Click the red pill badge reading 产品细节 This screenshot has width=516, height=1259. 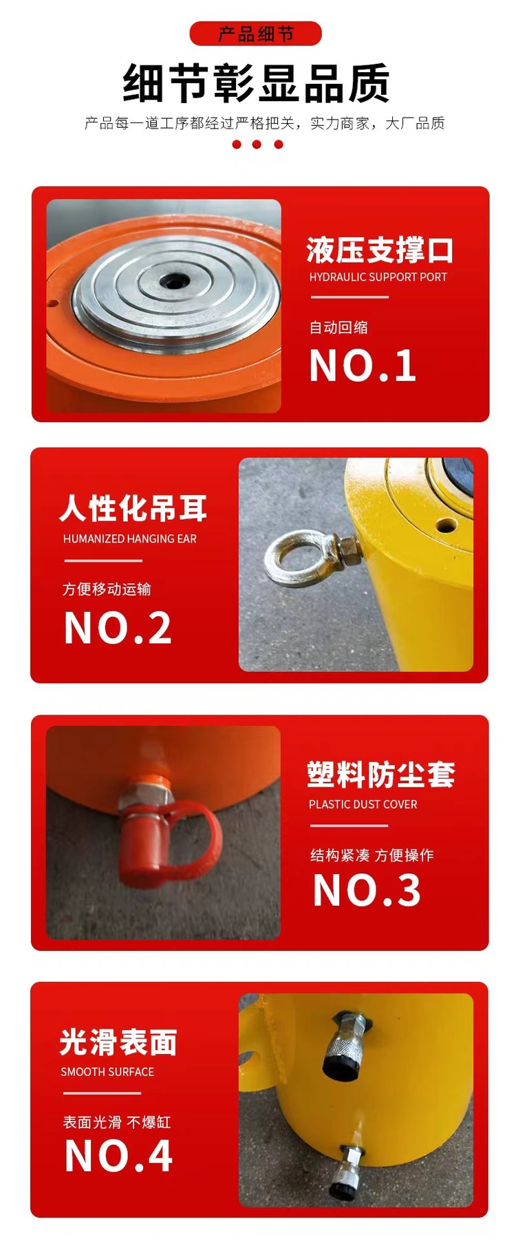[255, 34]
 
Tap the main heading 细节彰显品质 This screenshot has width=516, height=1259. [257, 84]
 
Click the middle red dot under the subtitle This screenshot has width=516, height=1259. [257, 144]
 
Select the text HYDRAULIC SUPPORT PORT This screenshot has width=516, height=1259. [378, 277]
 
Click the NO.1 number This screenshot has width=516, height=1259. [363, 365]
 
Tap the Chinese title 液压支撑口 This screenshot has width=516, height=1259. [380, 250]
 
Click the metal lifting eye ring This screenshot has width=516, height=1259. [296, 558]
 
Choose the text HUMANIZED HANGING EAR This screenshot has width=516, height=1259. [130, 539]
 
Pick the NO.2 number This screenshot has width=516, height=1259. [118, 628]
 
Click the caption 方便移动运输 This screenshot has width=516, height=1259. [107, 589]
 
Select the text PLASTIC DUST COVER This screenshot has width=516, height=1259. [363, 804]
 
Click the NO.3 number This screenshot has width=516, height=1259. [366, 890]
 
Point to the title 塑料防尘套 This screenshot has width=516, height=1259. [380, 775]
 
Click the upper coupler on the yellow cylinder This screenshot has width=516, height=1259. [346, 1044]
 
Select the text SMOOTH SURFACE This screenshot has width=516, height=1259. [107, 1072]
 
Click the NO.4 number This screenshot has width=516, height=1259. [118, 1156]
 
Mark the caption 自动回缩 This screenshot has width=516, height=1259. [338, 327]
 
